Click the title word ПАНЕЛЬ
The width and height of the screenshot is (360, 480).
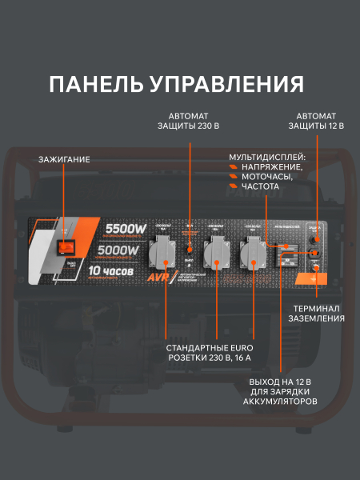pos(94,84)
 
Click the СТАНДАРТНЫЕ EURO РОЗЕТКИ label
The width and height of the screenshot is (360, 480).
pos(210,354)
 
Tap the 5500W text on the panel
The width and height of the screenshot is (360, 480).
pos(126,230)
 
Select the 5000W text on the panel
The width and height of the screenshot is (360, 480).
pos(119,251)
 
